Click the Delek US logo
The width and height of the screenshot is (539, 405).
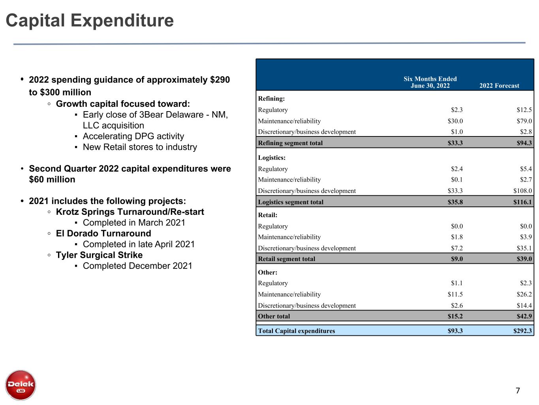click(x=21, y=385)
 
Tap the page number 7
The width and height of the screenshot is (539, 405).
click(x=518, y=391)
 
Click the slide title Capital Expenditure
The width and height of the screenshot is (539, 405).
click(x=90, y=21)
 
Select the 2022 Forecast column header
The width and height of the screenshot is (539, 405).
click(x=499, y=86)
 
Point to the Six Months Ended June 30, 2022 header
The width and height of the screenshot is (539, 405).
click(x=430, y=82)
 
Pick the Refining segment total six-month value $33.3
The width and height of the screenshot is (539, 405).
click(x=455, y=143)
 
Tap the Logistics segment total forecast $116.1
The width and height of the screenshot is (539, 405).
click(x=522, y=202)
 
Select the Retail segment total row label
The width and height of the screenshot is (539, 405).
click(x=287, y=259)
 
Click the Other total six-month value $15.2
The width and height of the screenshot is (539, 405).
click(x=455, y=316)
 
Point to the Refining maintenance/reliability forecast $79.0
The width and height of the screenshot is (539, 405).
click(x=524, y=121)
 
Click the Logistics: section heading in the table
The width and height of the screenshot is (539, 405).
click(x=272, y=158)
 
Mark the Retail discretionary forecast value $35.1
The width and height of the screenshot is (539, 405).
click(x=524, y=248)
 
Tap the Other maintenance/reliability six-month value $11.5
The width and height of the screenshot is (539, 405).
click(x=455, y=294)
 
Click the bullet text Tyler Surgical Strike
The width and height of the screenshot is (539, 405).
click(x=99, y=255)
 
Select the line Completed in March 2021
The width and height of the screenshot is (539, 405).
click(x=134, y=223)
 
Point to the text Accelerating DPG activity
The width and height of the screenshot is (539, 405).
click(x=133, y=136)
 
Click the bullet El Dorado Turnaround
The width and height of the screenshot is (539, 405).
click(x=103, y=233)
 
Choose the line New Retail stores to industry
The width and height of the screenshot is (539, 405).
click(x=140, y=147)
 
